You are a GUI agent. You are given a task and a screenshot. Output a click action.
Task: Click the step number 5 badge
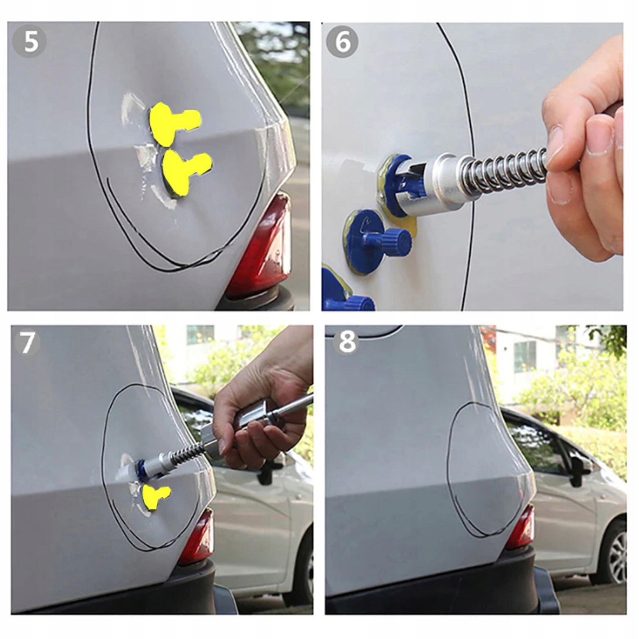[x=29, y=42]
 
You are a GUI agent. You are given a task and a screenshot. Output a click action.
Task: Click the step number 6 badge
[x=342, y=42]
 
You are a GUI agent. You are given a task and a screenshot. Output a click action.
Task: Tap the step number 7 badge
[x=27, y=342]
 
